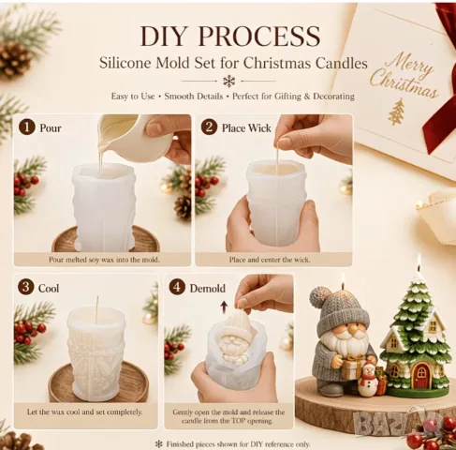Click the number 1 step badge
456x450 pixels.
click(x=26, y=127)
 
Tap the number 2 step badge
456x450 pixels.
click(x=209, y=127)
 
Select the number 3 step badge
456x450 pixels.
click(x=25, y=288)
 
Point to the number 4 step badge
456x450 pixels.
click(x=177, y=288)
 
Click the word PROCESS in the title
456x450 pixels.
click(x=258, y=37)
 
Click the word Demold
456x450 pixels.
click(x=208, y=288)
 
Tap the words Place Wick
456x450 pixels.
click(x=246, y=128)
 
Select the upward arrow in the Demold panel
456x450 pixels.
click(x=224, y=307)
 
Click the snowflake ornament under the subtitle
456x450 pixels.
click(x=228, y=82)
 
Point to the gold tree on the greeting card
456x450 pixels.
click(x=396, y=111)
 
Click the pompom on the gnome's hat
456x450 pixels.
click(x=321, y=297)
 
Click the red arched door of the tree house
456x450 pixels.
click(x=421, y=376)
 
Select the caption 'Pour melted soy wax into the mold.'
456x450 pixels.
click(x=104, y=260)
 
